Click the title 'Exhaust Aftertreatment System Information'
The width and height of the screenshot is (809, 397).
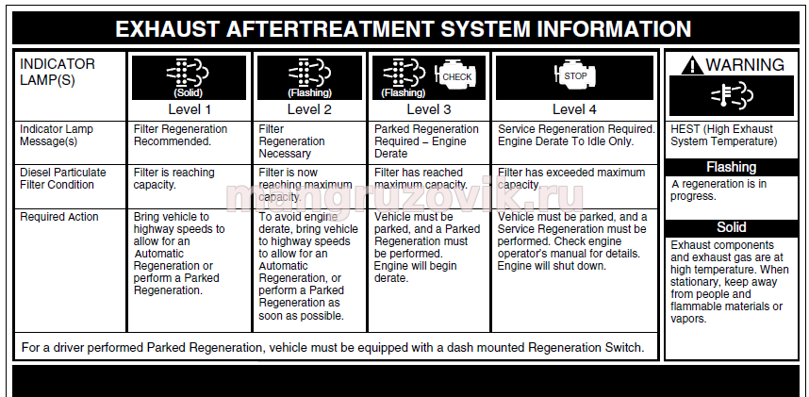coord(403,29)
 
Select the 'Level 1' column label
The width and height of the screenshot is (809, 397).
coord(190,109)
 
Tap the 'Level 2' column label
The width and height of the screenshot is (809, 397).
coord(309,109)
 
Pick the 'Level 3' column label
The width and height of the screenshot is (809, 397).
coord(429,109)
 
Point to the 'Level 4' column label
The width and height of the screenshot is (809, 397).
coord(574,109)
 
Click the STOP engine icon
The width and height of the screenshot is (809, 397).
coord(574,75)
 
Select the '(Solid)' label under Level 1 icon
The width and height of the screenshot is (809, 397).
coord(189,93)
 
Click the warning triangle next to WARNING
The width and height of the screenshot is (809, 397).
coord(692,66)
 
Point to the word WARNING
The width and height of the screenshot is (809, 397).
coord(745,65)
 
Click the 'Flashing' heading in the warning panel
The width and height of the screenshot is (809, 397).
coord(731,167)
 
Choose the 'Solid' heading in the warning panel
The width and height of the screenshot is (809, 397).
coord(731,227)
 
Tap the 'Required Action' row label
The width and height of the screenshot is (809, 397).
coord(59,217)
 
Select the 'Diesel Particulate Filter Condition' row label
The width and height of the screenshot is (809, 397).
coord(63,178)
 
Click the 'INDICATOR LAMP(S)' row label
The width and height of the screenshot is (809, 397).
coord(58,73)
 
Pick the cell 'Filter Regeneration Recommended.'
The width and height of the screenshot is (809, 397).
coord(180,135)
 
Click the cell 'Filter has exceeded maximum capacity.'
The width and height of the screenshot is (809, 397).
coord(571,178)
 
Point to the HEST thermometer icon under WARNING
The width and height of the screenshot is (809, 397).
coord(731,95)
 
